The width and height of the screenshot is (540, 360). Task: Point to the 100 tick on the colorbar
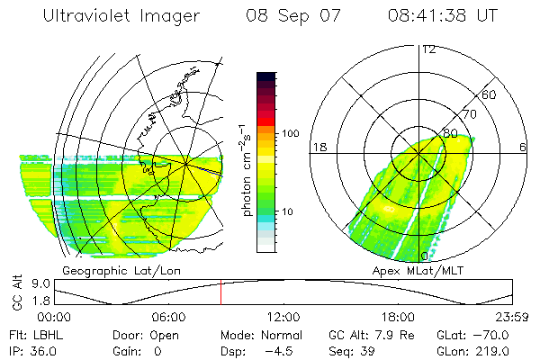pos(292,133)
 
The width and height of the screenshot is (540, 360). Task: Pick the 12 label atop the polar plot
pos(429,49)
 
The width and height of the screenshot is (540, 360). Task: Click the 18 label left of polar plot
pos(319,147)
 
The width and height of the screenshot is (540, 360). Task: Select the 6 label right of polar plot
pos(524,147)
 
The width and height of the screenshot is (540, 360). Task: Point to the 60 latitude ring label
pos(490,95)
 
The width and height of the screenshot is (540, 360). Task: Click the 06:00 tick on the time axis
pos(169,318)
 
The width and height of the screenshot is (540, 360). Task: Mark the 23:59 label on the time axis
pos(512,318)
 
